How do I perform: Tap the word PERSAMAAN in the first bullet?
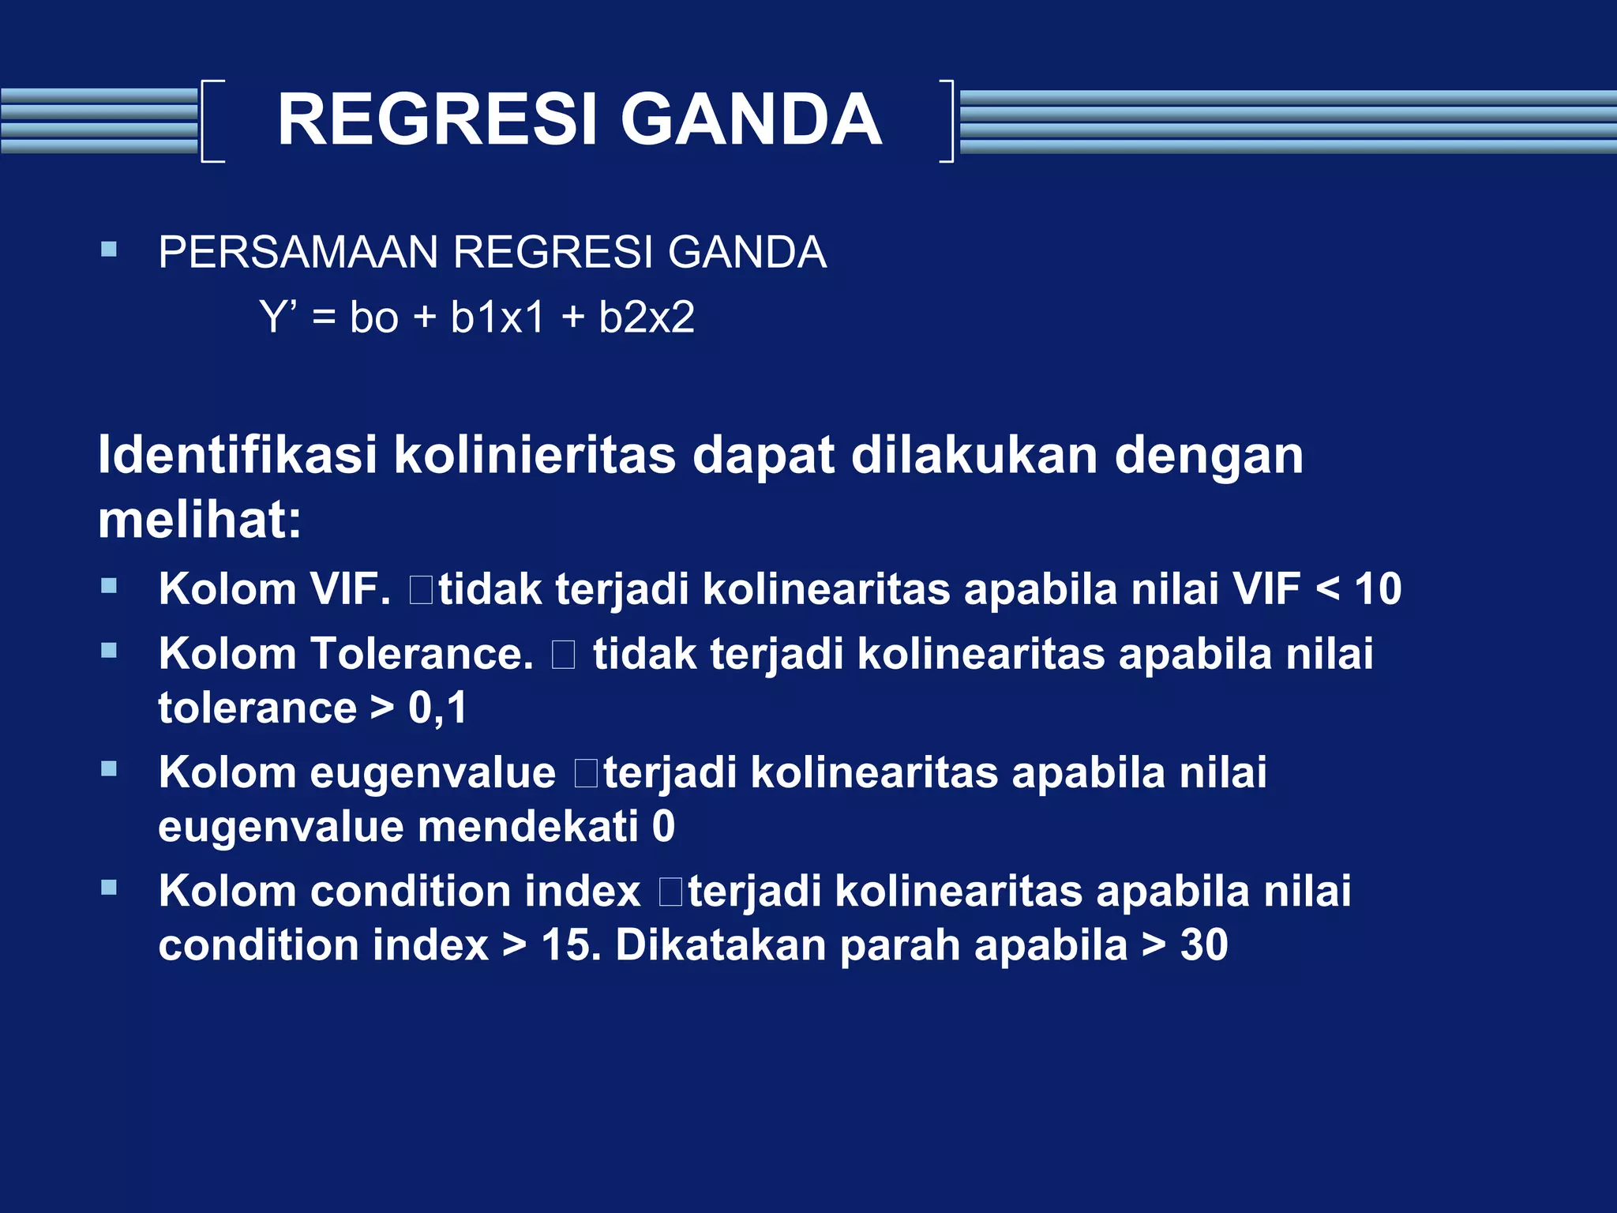(x=298, y=253)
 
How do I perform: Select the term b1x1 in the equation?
(x=497, y=317)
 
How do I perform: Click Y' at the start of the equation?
(x=278, y=317)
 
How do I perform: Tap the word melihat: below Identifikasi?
(x=200, y=521)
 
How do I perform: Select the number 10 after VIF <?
(x=1378, y=589)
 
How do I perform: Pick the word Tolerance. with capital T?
(x=422, y=654)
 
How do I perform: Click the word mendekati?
(x=528, y=827)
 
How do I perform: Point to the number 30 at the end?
(x=1203, y=945)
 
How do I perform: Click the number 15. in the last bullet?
(x=571, y=945)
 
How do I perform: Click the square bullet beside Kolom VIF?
(x=109, y=586)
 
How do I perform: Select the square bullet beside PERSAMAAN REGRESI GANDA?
(x=109, y=250)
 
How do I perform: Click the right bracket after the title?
(x=947, y=121)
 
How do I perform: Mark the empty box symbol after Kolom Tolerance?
(x=563, y=655)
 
